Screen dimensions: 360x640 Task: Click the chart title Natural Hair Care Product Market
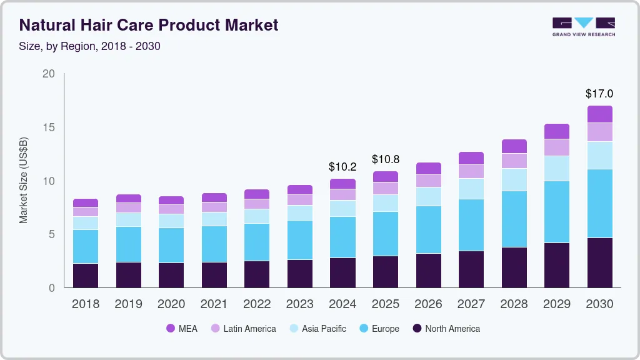coord(149,25)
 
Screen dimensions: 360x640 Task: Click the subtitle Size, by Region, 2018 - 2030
coord(90,46)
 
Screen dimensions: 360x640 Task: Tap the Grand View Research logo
coord(583,26)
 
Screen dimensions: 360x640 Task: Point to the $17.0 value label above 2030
coord(599,94)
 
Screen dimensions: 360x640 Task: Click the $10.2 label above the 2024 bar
coord(342,167)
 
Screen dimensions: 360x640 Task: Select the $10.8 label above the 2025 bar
coord(385,159)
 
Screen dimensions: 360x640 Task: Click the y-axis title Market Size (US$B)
coord(23,181)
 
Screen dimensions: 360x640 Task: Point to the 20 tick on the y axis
coord(49,74)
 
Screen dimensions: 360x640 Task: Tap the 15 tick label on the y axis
coord(49,127)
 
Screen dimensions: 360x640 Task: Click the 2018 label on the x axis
coord(85,304)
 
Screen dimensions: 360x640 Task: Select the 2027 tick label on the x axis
coord(471,304)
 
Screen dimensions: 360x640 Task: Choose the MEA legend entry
coord(182,328)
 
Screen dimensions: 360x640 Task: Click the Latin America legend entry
coord(243,328)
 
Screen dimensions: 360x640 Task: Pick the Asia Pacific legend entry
coord(317,328)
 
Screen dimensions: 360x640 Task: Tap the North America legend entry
coord(446,328)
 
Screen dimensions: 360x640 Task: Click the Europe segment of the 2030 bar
coord(599,203)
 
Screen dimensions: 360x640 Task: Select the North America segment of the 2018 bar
coord(85,275)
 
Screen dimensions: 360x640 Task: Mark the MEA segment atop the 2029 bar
coord(556,131)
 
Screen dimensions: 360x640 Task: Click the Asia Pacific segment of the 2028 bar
coord(514,179)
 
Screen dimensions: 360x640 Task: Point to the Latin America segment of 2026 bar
coord(428,181)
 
